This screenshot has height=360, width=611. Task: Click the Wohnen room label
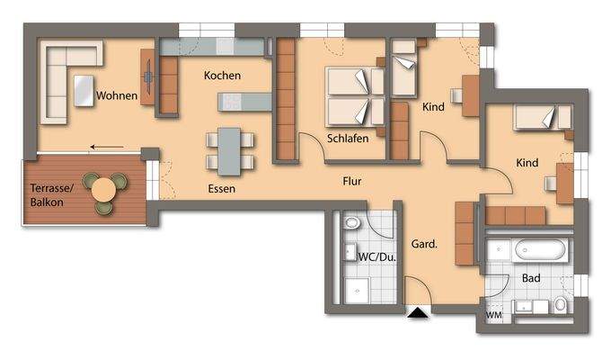118,94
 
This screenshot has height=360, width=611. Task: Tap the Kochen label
222,76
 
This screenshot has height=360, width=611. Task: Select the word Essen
221,189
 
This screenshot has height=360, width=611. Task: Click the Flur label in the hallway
352,181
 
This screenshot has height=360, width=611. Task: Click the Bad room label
531,278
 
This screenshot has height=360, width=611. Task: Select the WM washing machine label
493,316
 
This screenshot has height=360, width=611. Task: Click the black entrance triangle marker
417,312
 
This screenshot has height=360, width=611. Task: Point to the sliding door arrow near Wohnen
106,146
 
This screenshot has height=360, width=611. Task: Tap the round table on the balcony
104,189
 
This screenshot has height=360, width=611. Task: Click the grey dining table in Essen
229,150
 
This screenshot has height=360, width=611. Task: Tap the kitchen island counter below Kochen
244,102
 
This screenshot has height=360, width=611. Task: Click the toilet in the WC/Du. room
350,221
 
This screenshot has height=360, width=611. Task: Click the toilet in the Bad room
561,304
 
